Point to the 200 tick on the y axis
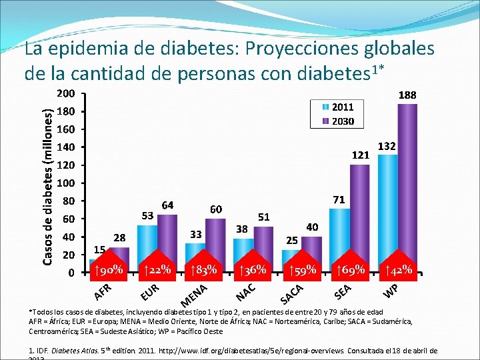click(x=65, y=93)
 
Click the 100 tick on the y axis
click(x=65, y=183)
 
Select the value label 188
click(x=407, y=95)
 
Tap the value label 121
click(x=360, y=155)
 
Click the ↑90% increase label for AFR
click(x=107, y=270)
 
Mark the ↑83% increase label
click(x=203, y=270)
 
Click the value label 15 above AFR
click(x=98, y=249)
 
